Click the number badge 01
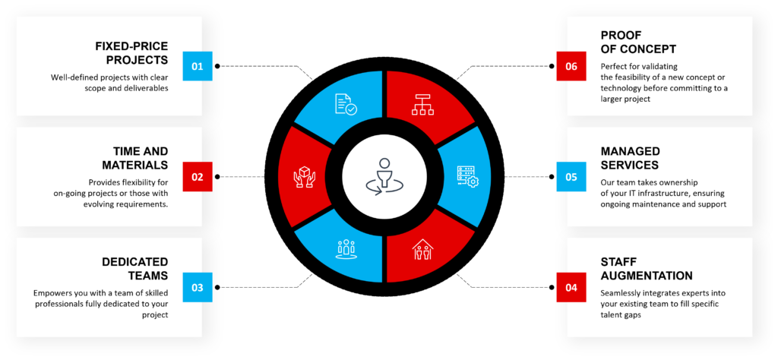pos(198,66)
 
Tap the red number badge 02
pos(198,177)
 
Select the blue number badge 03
pos(198,288)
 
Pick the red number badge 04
pos(571,288)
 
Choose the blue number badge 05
pos(571,177)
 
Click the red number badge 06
pos(571,66)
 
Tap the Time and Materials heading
pos(135,158)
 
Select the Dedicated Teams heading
pos(135,269)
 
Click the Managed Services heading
pos(630,158)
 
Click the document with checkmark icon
pos(346,105)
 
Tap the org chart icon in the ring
pos(422,105)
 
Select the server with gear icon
pos(466,176)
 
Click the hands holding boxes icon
pos(304,178)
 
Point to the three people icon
pos(346,248)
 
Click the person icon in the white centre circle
pos(384,176)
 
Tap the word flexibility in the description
pos(143,182)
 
